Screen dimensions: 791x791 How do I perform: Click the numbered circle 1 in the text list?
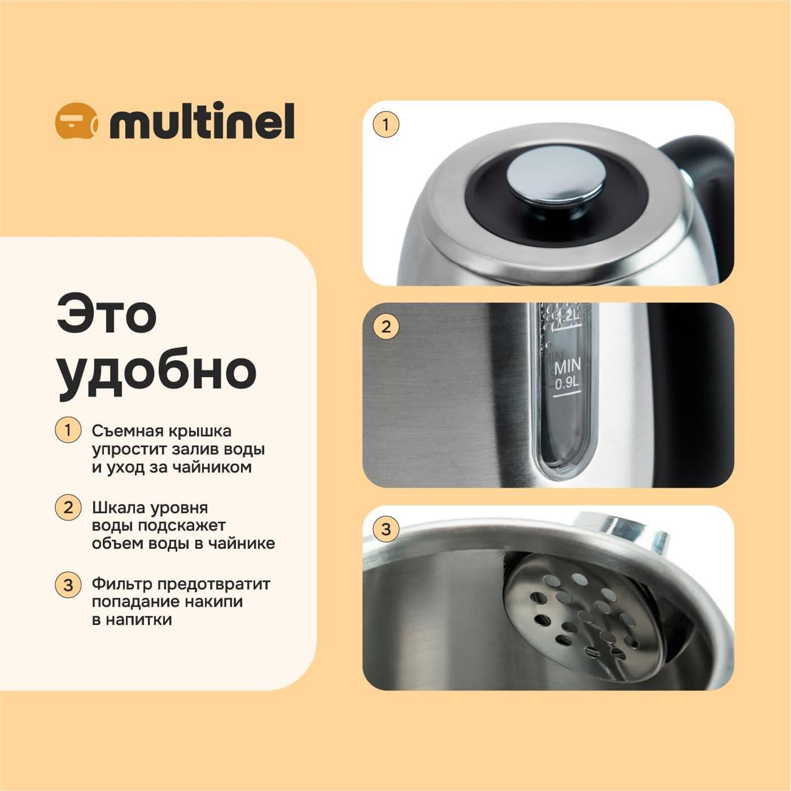pyautogui.click(x=68, y=430)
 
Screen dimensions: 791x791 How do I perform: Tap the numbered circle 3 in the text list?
pyautogui.click(x=68, y=585)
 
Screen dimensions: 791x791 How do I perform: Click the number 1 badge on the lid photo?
pyautogui.click(x=385, y=124)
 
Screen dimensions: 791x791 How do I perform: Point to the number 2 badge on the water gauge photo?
pyautogui.click(x=385, y=327)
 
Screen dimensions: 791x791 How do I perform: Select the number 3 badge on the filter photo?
pyautogui.click(x=385, y=529)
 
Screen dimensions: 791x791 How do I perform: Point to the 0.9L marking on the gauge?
pyautogui.click(x=567, y=384)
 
